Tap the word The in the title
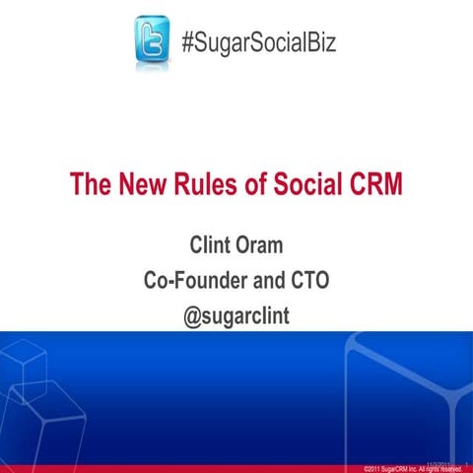[x=90, y=185]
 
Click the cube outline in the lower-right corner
[x=414, y=394]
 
